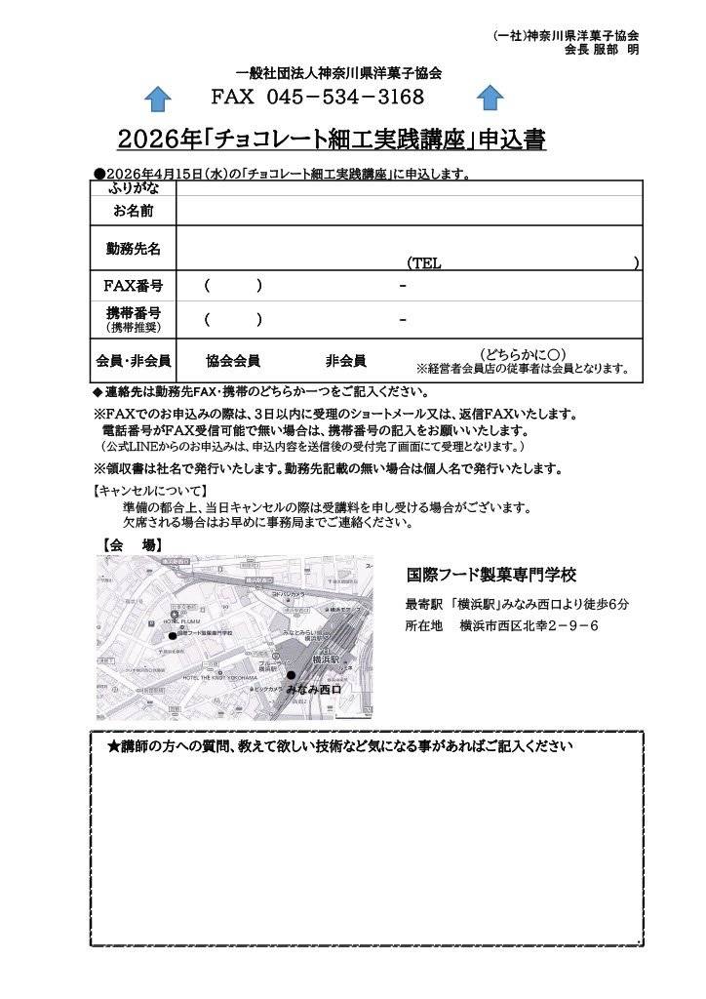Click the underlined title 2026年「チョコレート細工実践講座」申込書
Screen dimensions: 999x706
pyautogui.click(x=331, y=140)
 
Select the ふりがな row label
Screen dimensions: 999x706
pyautogui.click(x=133, y=188)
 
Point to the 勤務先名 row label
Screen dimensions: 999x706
pyautogui.click(x=134, y=248)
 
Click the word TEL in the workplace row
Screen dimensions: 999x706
pyautogui.click(x=424, y=263)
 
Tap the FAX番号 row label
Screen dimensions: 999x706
pyautogui.click(x=133, y=286)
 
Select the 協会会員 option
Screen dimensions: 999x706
pyautogui.click(x=233, y=361)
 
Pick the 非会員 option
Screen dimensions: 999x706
pyautogui.click(x=346, y=361)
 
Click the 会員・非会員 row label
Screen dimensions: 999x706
pyautogui.click(x=133, y=361)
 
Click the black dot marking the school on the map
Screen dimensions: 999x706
pyautogui.click(x=173, y=635)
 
